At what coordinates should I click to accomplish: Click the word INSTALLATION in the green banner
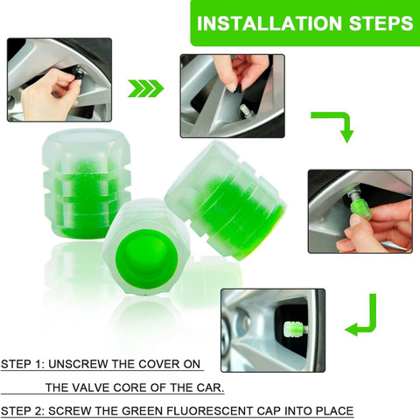tap(269, 24)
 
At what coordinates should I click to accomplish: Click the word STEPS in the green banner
tap(381, 24)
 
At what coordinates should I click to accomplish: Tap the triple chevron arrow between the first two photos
tap(146, 88)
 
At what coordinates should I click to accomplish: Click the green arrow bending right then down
tap(335, 122)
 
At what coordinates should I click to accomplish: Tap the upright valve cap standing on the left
tap(87, 184)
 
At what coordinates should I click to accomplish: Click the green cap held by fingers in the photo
tap(361, 207)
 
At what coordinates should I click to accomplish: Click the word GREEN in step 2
tap(143, 411)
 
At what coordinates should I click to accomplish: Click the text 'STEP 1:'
tap(23, 364)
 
